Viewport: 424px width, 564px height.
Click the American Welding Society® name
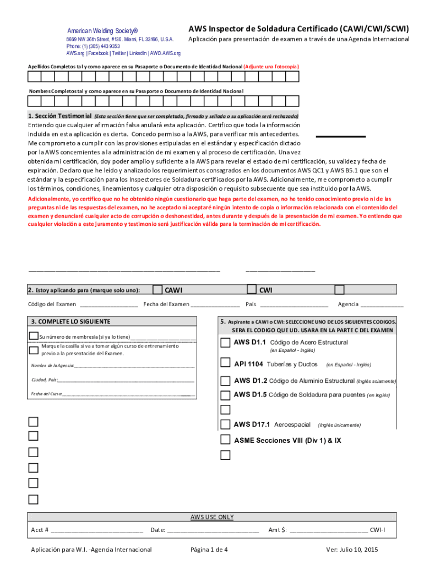point(102,31)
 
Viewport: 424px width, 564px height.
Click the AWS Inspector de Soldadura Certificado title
point(299,28)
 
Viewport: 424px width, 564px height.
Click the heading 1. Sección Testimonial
point(60,116)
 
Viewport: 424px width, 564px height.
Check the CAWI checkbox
point(157,290)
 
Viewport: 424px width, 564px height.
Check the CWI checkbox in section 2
point(252,290)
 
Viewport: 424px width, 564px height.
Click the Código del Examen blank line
point(109,305)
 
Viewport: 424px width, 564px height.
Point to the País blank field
point(294,305)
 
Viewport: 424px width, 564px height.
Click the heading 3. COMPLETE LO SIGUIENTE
point(71,322)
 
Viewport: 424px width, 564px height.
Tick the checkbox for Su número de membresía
point(34,337)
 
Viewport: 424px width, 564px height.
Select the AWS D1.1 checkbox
point(225,343)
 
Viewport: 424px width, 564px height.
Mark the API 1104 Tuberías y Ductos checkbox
point(225,363)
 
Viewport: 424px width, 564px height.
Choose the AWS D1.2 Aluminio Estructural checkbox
point(225,381)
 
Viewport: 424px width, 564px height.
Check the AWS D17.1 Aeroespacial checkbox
point(225,424)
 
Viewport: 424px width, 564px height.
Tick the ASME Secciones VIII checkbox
point(225,440)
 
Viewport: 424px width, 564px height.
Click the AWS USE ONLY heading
point(212,517)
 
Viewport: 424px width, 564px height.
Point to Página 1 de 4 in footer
point(209,550)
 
